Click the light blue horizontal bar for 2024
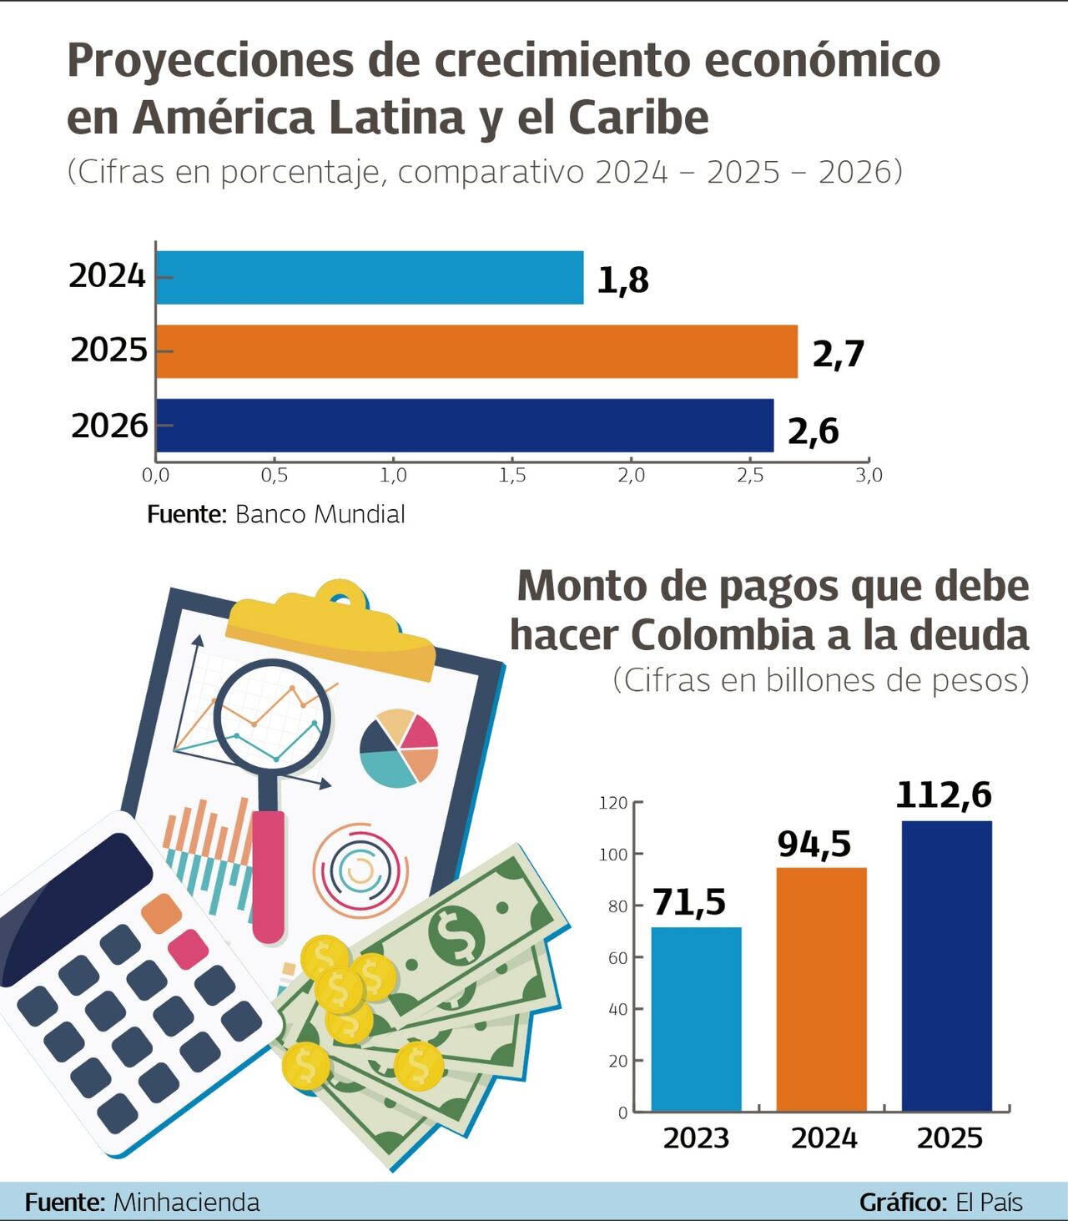(370, 277)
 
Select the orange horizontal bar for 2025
(476, 351)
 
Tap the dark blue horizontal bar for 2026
(465, 426)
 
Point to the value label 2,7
(838, 355)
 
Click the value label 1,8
(622, 280)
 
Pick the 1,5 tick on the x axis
(512, 476)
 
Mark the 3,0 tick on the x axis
(869, 476)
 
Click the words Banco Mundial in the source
(320, 514)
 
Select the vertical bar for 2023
(696, 1018)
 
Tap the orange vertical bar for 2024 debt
(821, 989)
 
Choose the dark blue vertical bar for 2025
(947, 966)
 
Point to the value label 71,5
(689, 902)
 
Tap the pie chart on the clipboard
(399, 749)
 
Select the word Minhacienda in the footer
(186, 1203)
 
